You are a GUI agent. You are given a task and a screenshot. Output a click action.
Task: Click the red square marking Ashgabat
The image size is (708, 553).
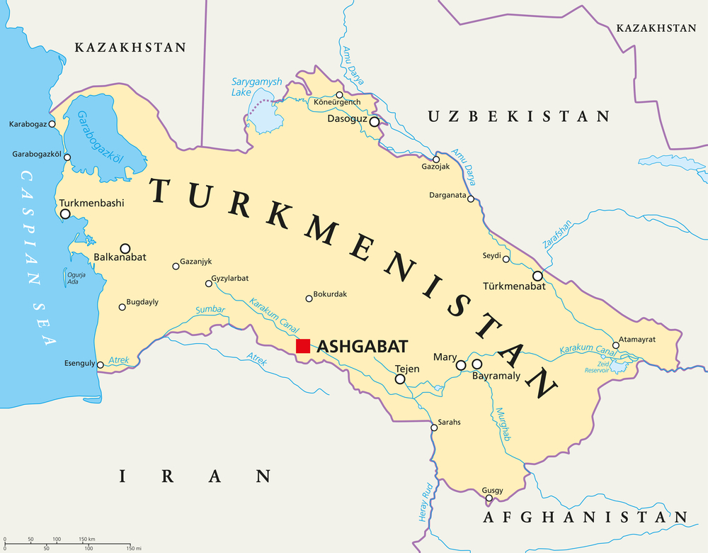pyautogui.click(x=303, y=346)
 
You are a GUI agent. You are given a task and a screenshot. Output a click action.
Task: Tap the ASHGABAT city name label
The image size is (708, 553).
pyautogui.click(x=362, y=346)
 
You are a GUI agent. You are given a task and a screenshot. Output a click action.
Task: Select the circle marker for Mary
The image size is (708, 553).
pyautogui.click(x=461, y=365)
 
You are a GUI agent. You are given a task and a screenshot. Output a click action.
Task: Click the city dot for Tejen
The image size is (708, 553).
pyautogui.click(x=400, y=379)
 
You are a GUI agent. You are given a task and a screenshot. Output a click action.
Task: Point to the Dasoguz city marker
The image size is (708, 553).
pyautogui.click(x=375, y=122)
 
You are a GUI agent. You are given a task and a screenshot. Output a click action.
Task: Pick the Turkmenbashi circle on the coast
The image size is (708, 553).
pyautogui.click(x=65, y=213)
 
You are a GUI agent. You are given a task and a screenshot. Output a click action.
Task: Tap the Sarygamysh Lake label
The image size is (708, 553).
pyautogui.click(x=256, y=87)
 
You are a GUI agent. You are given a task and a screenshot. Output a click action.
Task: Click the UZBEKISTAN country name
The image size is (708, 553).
pyautogui.click(x=518, y=116)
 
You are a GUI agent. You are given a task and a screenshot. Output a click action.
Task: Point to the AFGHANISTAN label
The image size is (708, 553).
pyautogui.click(x=585, y=518)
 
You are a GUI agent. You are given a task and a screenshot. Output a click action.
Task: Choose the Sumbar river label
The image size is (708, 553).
pyautogui.click(x=210, y=311)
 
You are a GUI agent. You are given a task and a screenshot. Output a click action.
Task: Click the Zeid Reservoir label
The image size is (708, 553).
pyautogui.click(x=598, y=366)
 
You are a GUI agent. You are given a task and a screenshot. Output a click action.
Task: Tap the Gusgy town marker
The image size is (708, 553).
pyautogui.click(x=489, y=498)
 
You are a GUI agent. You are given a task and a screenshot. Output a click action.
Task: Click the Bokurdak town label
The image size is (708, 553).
pyautogui.click(x=330, y=294)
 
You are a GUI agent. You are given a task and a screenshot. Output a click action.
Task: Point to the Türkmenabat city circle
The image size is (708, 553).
pyautogui.click(x=537, y=276)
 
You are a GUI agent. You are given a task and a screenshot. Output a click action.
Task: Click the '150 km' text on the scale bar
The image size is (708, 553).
pyautogui.click(x=87, y=540)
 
